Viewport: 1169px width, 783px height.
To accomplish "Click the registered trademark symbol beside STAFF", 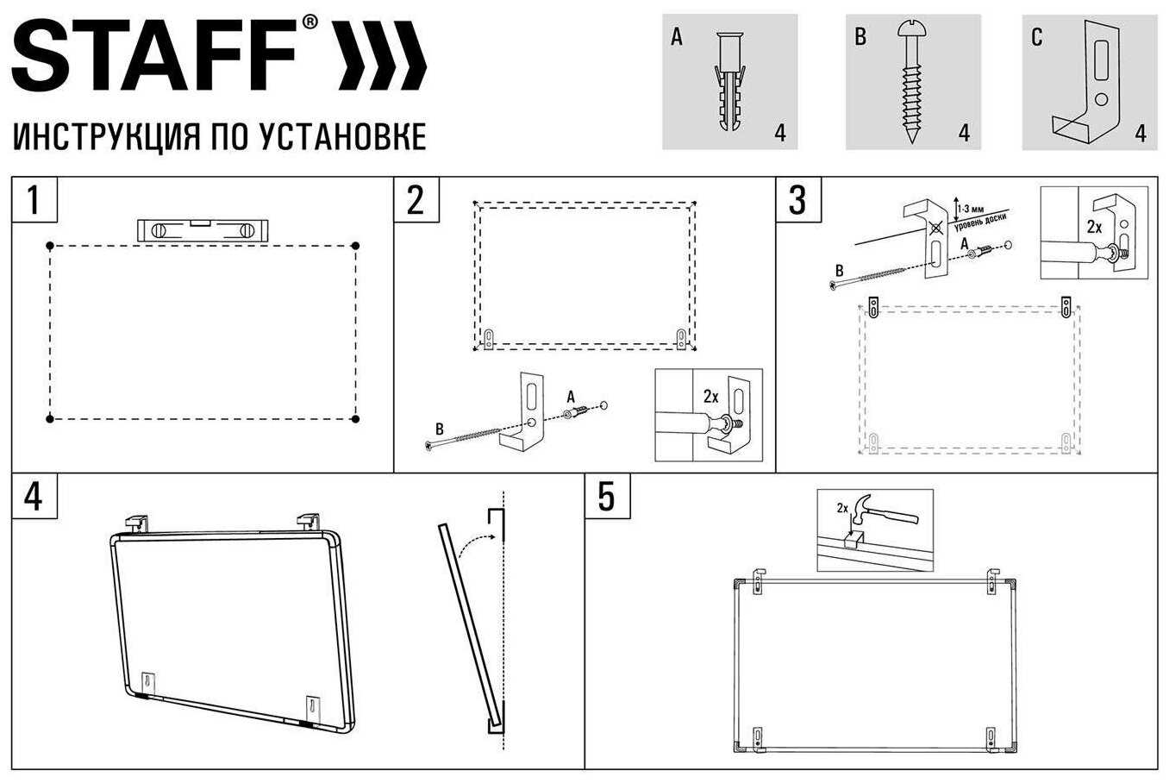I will pyautogui.click(x=309, y=23).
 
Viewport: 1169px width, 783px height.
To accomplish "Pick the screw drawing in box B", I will pyautogui.click(x=911, y=81).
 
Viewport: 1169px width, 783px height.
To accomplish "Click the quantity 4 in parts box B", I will pyautogui.click(x=964, y=133).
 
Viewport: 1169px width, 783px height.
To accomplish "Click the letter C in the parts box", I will pyautogui.click(x=1036, y=37).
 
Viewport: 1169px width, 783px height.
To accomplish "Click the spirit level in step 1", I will pyautogui.click(x=203, y=230).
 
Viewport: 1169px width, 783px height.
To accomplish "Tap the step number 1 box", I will pyautogui.click(x=34, y=200).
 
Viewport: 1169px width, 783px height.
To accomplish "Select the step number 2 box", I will pyautogui.click(x=416, y=200).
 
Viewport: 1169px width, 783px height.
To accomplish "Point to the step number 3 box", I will pyautogui.click(x=797, y=200).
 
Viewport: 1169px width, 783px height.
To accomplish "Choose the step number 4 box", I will pyautogui.click(x=34, y=496).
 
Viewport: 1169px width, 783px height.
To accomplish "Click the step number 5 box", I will pyautogui.click(x=607, y=496).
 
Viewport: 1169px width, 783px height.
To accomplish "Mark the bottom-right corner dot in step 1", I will pyautogui.click(x=355, y=419).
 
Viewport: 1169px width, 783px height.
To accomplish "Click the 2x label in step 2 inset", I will pyautogui.click(x=710, y=397).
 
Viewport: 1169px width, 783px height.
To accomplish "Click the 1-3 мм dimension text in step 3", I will pyautogui.click(x=973, y=207).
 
